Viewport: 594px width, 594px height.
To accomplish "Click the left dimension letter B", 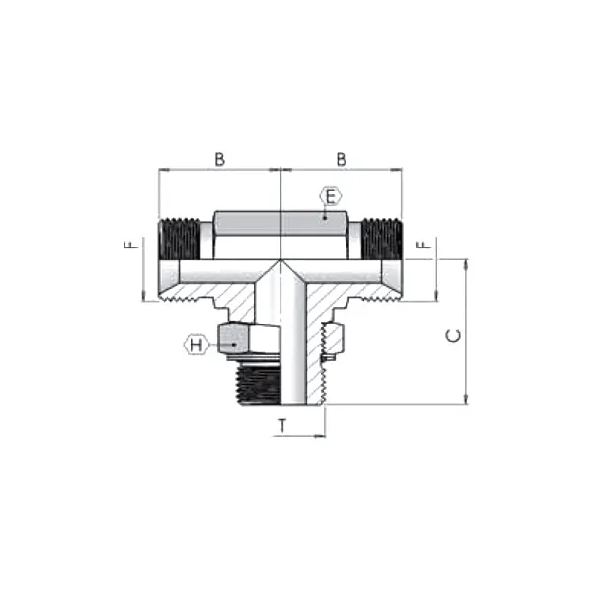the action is [x=220, y=159].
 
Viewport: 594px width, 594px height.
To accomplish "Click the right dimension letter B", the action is [x=342, y=159].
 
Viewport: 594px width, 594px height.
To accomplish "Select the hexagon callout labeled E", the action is [x=331, y=197].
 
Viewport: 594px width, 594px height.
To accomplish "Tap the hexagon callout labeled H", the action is [x=195, y=345].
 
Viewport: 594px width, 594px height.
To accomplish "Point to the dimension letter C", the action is [x=453, y=336].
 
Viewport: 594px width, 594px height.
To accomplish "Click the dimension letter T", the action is [x=282, y=426].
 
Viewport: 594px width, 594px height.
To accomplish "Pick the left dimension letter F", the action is [x=131, y=245].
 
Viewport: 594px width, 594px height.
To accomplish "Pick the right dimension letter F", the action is [x=424, y=245].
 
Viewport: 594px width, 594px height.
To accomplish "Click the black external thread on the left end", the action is [x=179, y=239].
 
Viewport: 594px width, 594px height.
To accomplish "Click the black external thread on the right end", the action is [x=382, y=239].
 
